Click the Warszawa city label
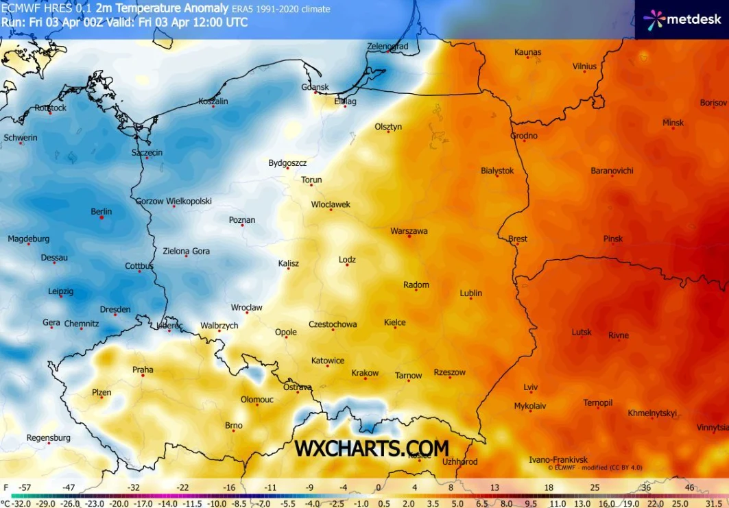click(409, 231)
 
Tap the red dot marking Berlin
click(101, 218)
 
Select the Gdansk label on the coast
click(315, 87)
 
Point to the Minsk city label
click(673, 123)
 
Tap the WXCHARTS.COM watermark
click(372, 448)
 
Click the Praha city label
click(143, 370)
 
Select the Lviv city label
click(531, 387)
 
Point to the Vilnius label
click(584, 66)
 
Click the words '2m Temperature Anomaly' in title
click(163, 9)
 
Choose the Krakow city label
click(365, 373)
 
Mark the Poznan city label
click(242, 220)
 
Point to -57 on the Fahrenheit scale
click(25, 487)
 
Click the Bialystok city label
click(497, 171)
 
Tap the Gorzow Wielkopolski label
click(174, 202)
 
